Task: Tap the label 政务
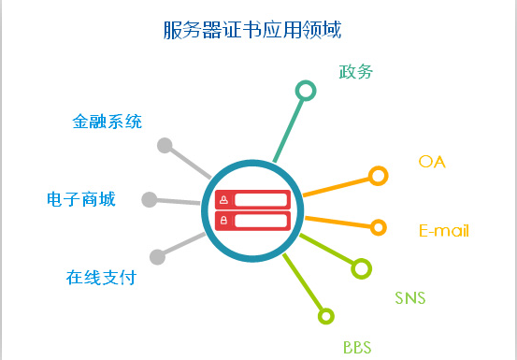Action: (x=356, y=71)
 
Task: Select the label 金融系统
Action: (x=108, y=122)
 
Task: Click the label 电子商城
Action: (x=81, y=199)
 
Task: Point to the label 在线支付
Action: (x=101, y=278)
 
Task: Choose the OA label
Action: (x=432, y=162)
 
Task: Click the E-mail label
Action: (x=444, y=231)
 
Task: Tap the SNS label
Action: (x=409, y=298)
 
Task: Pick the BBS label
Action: (x=357, y=348)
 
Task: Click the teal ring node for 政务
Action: (x=305, y=91)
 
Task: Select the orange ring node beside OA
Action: (x=378, y=176)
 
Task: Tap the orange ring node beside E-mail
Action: (x=379, y=227)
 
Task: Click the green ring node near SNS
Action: (x=361, y=269)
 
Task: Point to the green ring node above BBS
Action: (x=325, y=316)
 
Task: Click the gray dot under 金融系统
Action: (x=165, y=146)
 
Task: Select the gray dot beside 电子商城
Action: (x=150, y=199)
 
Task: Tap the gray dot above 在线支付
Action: (x=157, y=256)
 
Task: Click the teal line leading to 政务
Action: (x=289, y=126)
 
